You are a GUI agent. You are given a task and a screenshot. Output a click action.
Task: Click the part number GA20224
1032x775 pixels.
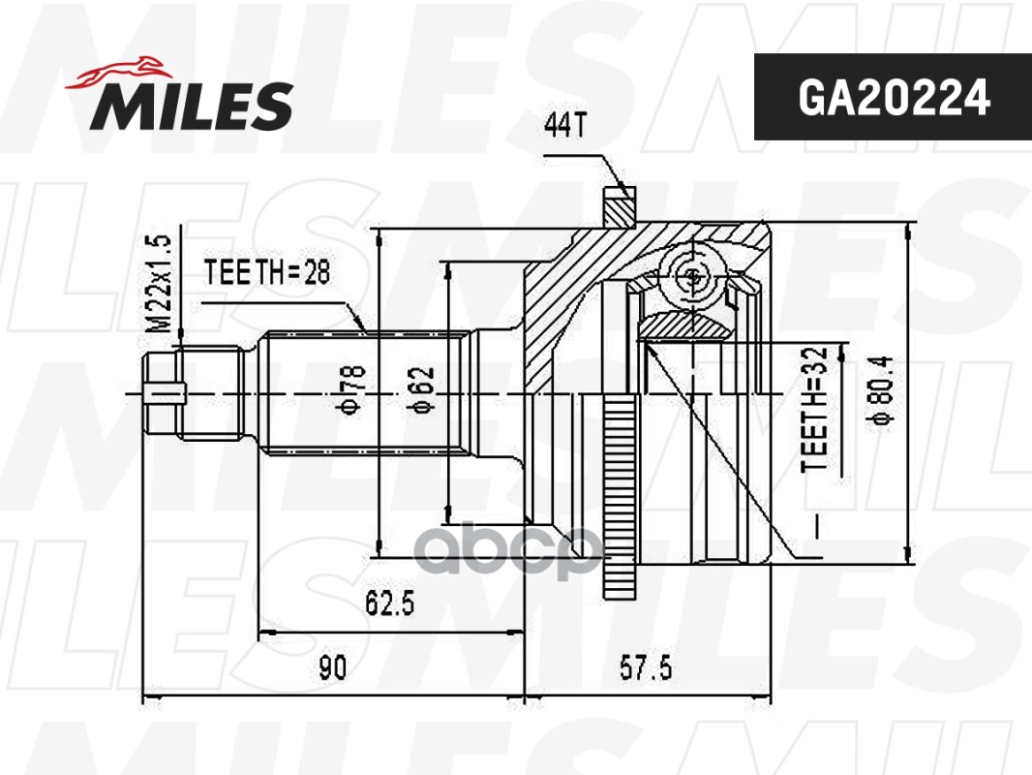click(893, 97)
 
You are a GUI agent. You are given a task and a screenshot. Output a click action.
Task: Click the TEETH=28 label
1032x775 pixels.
click(267, 273)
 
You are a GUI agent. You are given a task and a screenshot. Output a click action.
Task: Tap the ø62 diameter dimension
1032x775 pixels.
click(423, 392)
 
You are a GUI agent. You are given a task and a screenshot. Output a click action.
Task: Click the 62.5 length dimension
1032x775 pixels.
click(390, 604)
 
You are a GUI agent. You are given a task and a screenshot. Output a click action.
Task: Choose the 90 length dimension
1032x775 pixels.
click(332, 667)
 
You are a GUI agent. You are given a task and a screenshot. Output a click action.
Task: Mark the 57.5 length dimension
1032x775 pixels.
click(646, 667)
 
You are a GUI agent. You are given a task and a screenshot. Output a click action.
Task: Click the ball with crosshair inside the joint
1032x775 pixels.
click(693, 276)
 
